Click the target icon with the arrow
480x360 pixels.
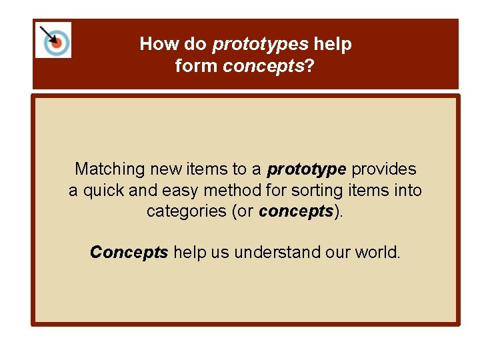[x=53, y=40]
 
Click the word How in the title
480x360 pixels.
[x=155, y=45]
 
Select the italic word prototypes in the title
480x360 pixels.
[x=261, y=45]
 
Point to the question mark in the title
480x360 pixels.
[x=310, y=66]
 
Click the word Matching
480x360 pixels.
[x=109, y=169]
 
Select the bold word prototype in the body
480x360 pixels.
[x=307, y=169]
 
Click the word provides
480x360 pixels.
[x=384, y=169]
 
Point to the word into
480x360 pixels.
[x=407, y=191]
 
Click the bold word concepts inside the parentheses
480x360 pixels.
[x=295, y=211]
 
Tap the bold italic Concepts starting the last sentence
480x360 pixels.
[x=129, y=252]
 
